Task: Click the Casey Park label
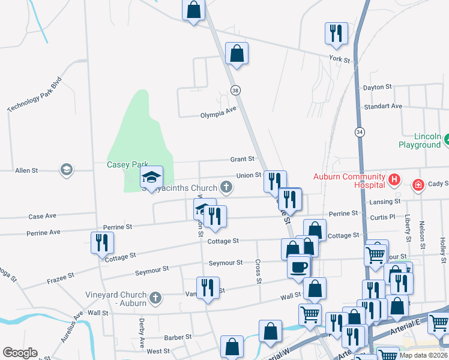tap(127, 164)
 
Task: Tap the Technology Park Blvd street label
tap(35, 94)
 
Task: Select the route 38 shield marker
tap(236, 90)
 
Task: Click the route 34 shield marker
tap(360, 131)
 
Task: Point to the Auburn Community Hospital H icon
tap(394, 179)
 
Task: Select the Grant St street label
tap(243, 159)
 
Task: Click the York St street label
tap(339, 59)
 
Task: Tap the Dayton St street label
tap(377, 87)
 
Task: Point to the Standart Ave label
tap(383, 106)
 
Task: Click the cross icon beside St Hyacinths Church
tap(226, 188)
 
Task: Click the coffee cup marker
tap(298, 265)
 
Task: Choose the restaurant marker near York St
tap(336, 34)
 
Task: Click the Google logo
tap(20, 352)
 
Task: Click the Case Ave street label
tap(42, 216)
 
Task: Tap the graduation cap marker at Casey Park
tap(151, 176)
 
